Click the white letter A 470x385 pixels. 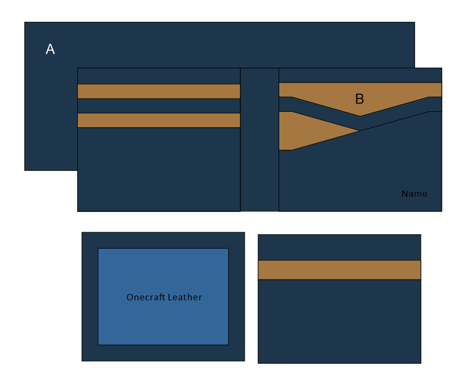50,50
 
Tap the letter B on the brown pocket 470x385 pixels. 360,99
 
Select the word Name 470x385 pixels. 414,194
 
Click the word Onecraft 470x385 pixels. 145,297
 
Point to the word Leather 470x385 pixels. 184,297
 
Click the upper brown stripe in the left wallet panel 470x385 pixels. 159,91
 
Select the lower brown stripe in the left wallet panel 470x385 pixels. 159,120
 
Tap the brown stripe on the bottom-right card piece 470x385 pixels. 339,270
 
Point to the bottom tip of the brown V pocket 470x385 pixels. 360,116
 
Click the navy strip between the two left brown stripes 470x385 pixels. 159,105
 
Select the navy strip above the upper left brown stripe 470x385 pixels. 159,76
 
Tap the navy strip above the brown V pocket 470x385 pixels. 360,75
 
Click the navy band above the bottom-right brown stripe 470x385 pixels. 339,247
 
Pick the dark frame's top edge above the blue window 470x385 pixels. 163,240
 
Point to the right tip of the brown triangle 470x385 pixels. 359,130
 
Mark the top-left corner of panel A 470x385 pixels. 25,22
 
